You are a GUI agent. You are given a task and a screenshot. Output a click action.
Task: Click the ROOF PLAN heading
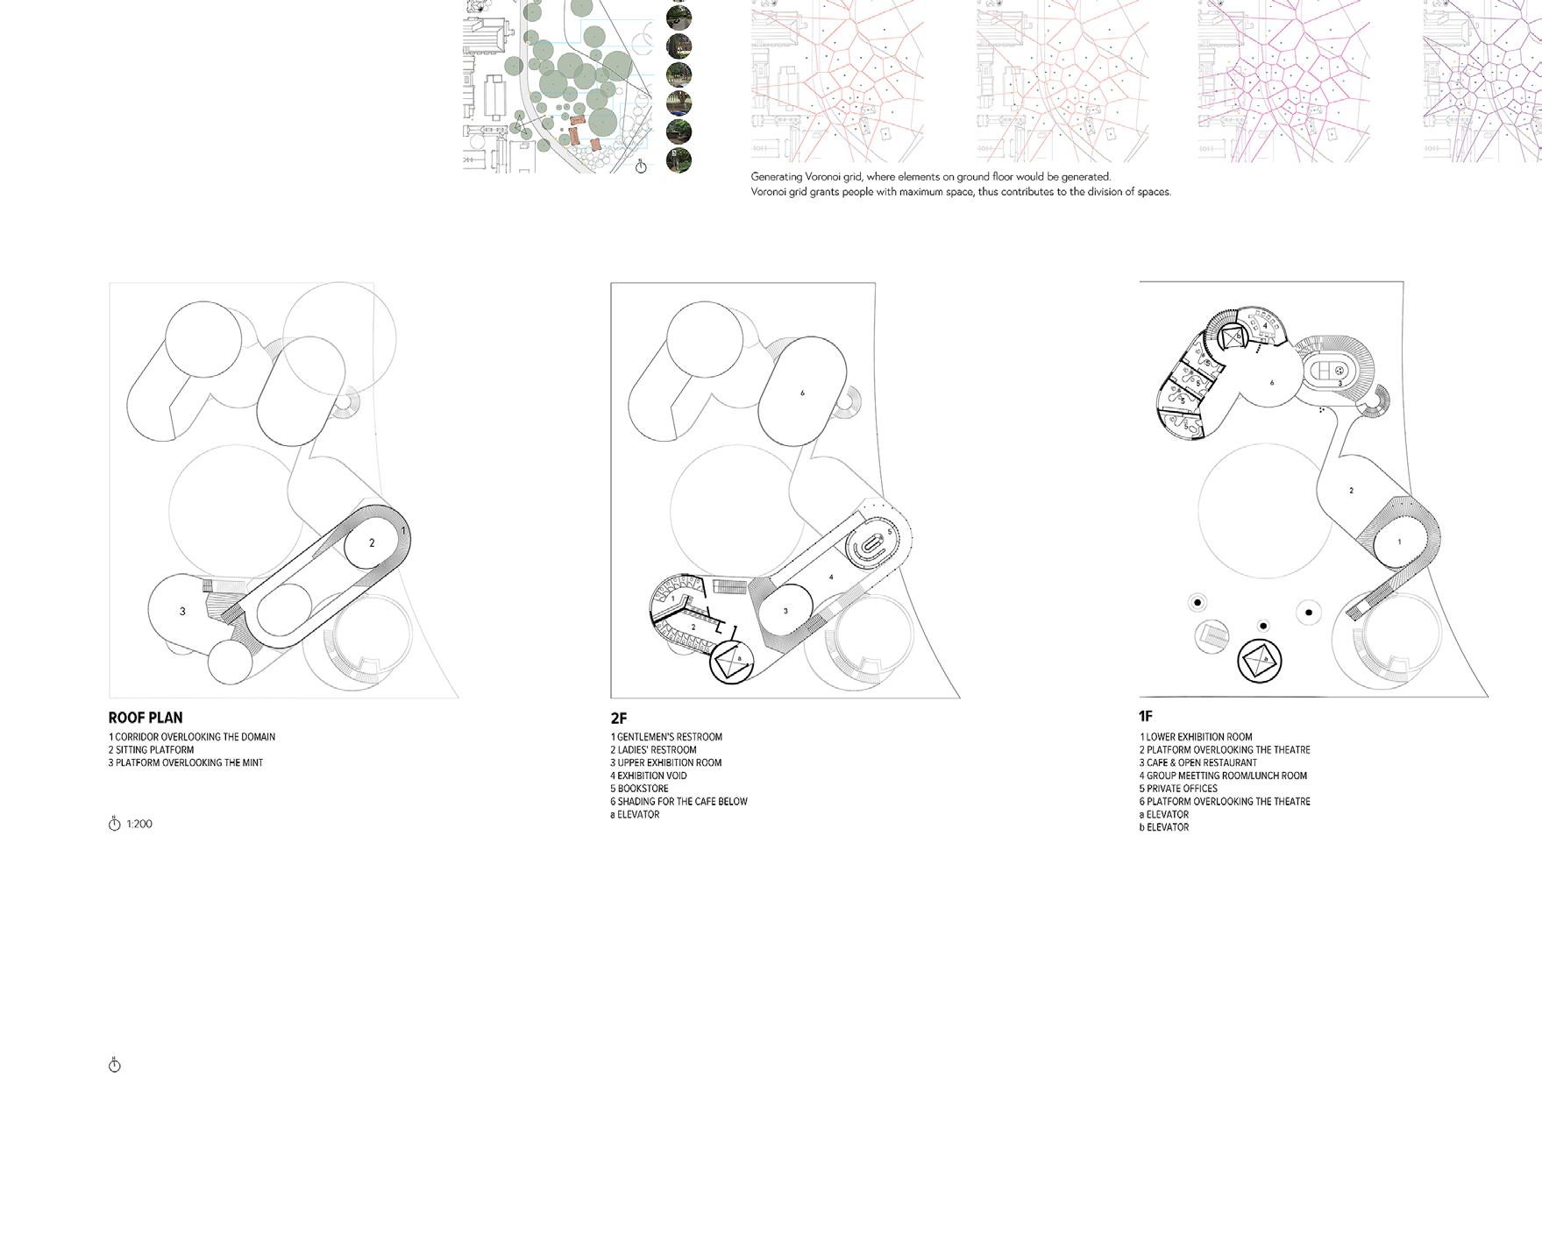point(146,717)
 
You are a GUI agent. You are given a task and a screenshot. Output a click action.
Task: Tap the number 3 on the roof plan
point(182,612)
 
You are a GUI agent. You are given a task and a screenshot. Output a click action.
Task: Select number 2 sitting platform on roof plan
point(372,543)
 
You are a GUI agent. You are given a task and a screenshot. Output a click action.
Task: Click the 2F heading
point(619,718)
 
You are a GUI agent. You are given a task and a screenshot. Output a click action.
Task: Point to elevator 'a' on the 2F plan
point(739,658)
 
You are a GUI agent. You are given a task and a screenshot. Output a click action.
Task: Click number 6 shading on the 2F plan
point(802,393)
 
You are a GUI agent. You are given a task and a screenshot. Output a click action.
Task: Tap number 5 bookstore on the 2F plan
point(889,532)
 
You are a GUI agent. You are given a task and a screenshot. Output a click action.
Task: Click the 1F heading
point(1146,716)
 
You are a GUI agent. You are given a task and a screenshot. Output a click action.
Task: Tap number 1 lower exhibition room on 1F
point(1399,542)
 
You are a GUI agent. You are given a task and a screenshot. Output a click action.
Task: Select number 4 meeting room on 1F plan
point(1265,327)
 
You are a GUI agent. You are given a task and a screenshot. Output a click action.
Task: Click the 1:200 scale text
point(139,824)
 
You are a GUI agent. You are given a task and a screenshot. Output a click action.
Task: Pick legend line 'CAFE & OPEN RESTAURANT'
point(1197,762)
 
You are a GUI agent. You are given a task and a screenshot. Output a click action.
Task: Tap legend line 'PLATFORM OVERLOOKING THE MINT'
point(186,762)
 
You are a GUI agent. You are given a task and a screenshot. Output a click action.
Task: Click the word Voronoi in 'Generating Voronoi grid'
point(823,177)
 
